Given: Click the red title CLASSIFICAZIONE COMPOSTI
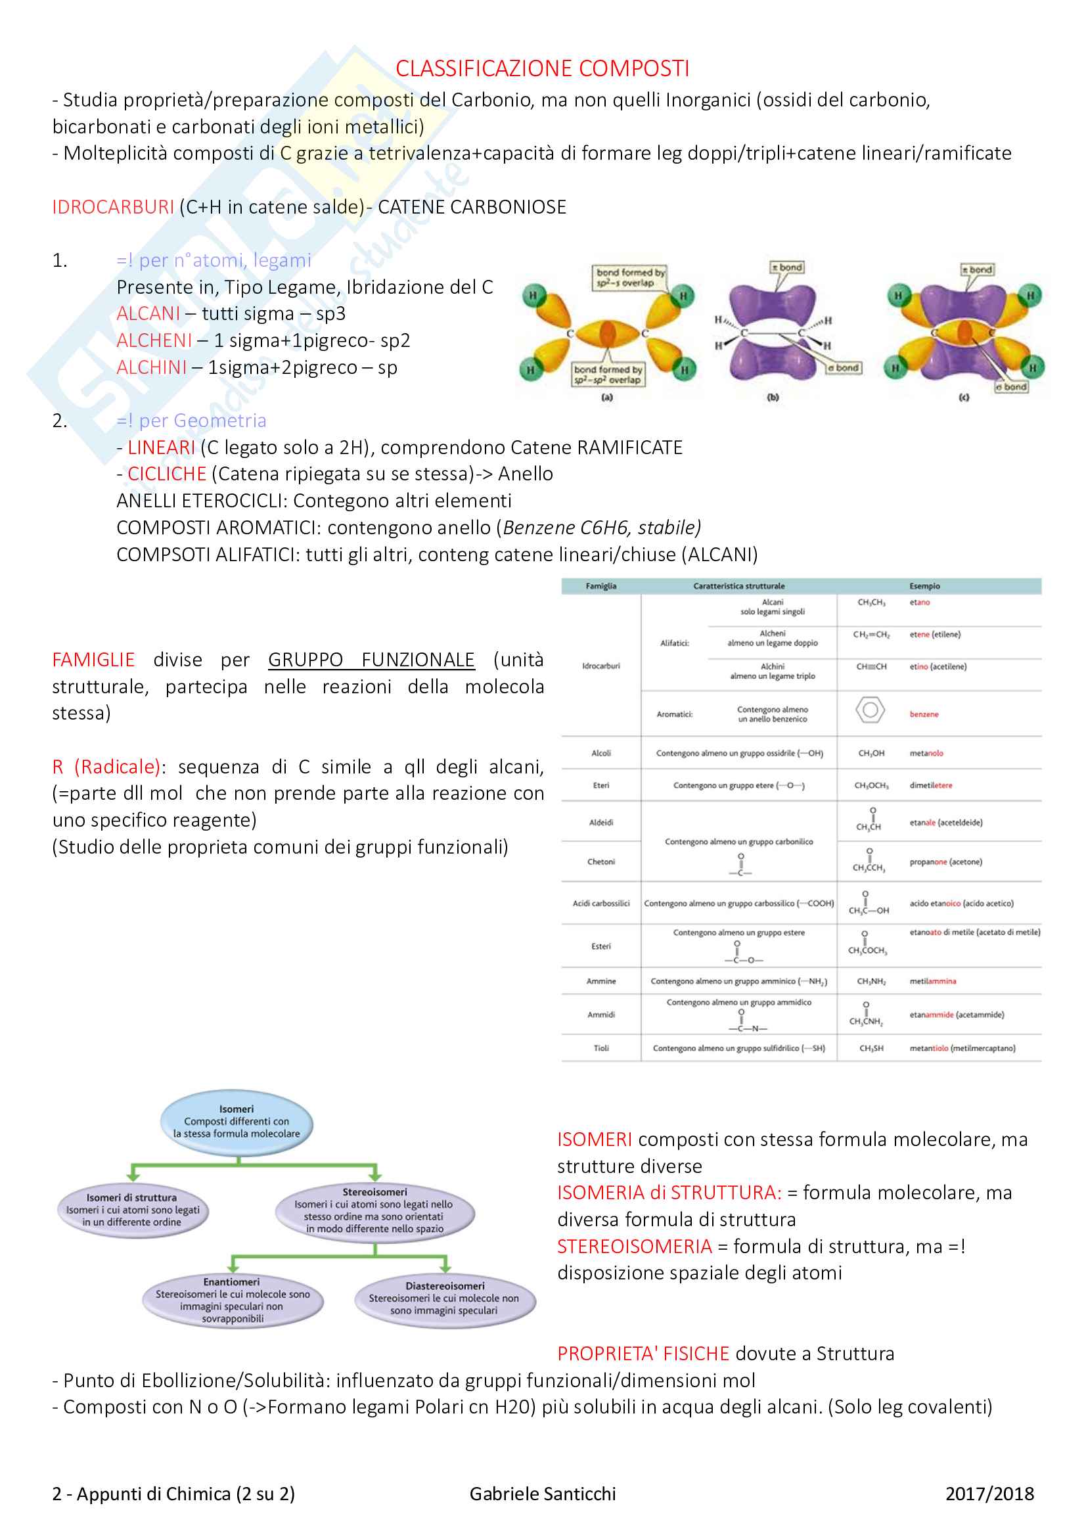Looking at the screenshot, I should (542, 68).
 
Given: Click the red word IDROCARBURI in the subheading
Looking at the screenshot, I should (112, 207).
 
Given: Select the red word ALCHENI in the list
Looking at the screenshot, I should (154, 341).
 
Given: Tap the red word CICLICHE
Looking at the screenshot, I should (167, 474).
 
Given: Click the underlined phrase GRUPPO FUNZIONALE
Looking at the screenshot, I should (371, 660).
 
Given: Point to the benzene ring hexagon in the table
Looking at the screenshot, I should (870, 710).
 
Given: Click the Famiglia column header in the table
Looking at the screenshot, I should (601, 586).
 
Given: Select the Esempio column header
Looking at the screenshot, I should (924, 586).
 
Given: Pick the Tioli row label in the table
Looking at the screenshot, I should (601, 1048).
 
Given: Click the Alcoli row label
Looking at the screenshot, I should (601, 753).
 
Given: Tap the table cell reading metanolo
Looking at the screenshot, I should (926, 753).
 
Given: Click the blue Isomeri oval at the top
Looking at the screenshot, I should (237, 1121).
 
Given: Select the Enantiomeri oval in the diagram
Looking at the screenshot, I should (232, 1299).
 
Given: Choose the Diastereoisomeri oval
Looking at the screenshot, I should (444, 1298).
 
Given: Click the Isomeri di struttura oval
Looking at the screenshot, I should (132, 1210).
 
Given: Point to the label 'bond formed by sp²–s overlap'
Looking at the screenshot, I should (629, 277).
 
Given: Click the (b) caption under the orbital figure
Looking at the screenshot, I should (773, 397).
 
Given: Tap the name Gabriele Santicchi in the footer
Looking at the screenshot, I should (543, 1494).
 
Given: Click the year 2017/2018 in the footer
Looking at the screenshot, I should (989, 1494).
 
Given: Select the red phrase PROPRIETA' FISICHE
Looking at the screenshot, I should (643, 1353).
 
